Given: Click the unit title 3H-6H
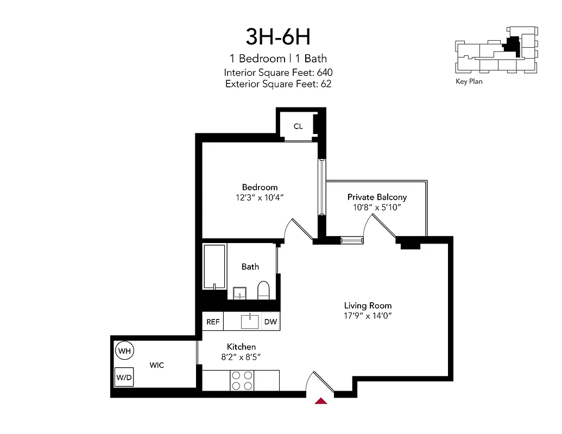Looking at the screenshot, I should [277, 37].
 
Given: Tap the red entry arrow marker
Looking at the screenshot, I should [321, 401].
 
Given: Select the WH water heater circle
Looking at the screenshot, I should [125, 351].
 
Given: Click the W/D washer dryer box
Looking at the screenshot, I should [124, 376].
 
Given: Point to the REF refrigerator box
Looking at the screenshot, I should [213, 322].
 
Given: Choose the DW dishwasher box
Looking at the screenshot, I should [270, 322].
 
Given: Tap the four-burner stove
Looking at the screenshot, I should [242, 380].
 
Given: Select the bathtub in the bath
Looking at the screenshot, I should [215, 266].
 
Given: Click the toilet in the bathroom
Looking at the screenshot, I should [263, 290].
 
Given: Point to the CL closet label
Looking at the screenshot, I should [298, 126].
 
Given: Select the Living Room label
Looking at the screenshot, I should [368, 305].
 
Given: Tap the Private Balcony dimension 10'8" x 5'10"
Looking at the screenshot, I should [377, 207].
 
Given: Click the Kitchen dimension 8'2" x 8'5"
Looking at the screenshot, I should [241, 356].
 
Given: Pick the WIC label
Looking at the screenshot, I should [157, 365].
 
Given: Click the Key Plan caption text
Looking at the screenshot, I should [469, 81].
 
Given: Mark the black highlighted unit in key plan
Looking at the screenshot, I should [512, 47].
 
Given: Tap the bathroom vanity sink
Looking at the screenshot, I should [239, 293].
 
